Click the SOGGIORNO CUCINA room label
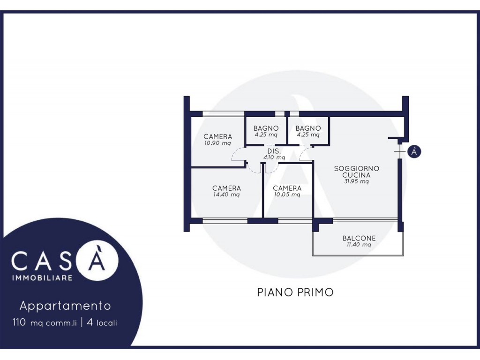click(x=356, y=172)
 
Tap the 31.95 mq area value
click(x=356, y=181)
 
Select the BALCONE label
click(x=359, y=238)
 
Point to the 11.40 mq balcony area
click(x=359, y=245)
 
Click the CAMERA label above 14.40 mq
click(x=226, y=188)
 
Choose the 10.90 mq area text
click(x=217, y=143)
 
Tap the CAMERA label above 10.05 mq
click(x=287, y=188)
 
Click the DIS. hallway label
click(x=274, y=151)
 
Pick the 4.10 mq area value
click(x=274, y=157)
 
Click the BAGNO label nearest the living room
click(x=308, y=128)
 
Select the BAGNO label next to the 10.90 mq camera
click(x=266, y=128)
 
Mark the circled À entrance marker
click(x=414, y=151)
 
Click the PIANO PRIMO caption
click(x=295, y=292)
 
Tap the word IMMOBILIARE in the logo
click(x=42, y=277)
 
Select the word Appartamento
click(x=65, y=306)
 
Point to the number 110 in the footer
click(x=19, y=322)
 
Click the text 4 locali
click(x=102, y=322)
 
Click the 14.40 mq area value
click(x=226, y=195)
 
